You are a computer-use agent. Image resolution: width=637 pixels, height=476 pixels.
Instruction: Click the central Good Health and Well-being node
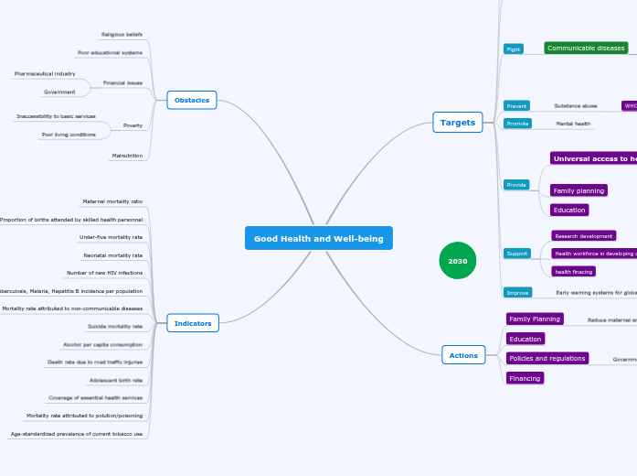pyautogui.click(x=318, y=238)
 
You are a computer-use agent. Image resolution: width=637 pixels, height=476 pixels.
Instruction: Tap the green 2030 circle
pyautogui.click(x=457, y=261)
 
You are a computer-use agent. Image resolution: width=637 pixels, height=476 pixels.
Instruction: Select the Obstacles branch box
pyautogui.click(x=192, y=100)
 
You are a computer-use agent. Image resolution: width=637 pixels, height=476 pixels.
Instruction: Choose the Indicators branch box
pyautogui.click(x=193, y=323)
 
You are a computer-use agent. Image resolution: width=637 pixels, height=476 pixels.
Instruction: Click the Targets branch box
pyautogui.click(x=457, y=123)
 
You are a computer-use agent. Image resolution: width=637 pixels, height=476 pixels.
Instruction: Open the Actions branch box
pyautogui.click(x=463, y=355)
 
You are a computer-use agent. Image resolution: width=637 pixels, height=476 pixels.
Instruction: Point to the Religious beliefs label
pyautogui.click(x=122, y=34)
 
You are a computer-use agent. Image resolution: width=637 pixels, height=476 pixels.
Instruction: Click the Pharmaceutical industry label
pyautogui.click(x=45, y=73)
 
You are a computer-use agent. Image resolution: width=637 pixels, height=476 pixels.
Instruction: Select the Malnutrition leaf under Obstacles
pyautogui.click(x=127, y=156)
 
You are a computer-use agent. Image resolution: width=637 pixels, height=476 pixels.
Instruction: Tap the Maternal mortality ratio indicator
pyautogui.click(x=112, y=200)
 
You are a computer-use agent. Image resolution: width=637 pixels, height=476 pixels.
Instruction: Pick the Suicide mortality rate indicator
pyautogui.click(x=115, y=326)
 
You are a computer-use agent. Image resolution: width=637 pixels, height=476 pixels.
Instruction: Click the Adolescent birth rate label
pyautogui.click(x=115, y=380)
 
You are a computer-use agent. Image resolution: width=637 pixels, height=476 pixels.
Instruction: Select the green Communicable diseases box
pyautogui.click(x=586, y=48)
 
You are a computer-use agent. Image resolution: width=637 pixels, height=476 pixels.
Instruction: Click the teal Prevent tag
pyautogui.click(x=516, y=106)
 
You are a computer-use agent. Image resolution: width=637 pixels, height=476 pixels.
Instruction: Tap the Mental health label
pyautogui.click(x=573, y=124)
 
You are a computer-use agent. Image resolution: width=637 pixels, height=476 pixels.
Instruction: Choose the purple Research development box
pyautogui.click(x=583, y=236)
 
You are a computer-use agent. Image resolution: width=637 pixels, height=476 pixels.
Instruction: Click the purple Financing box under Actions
pyautogui.click(x=525, y=378)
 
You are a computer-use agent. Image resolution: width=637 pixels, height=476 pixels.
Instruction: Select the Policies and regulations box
pyautogui.click(x=547, y=358)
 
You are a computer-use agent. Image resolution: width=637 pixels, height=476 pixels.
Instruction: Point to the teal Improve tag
pyautogui.click(x=517, y=293)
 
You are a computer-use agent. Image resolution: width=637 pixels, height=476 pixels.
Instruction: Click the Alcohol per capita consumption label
pyautogui.click(x=102, y=344)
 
